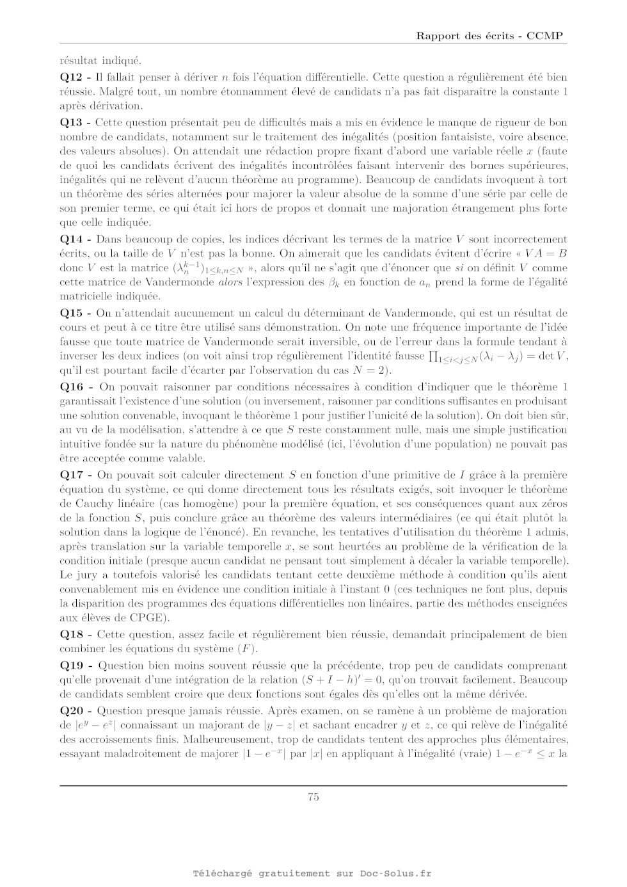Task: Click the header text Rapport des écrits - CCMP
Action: [x=489, y=36]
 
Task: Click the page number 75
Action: [x=313, y=797]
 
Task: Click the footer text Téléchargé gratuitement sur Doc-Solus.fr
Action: [x=313, y=874]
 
